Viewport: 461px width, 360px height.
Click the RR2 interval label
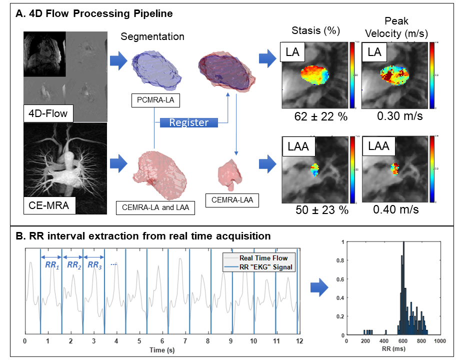click(x=74, y=265)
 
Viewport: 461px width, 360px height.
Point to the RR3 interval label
click(x=94, y=265)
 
